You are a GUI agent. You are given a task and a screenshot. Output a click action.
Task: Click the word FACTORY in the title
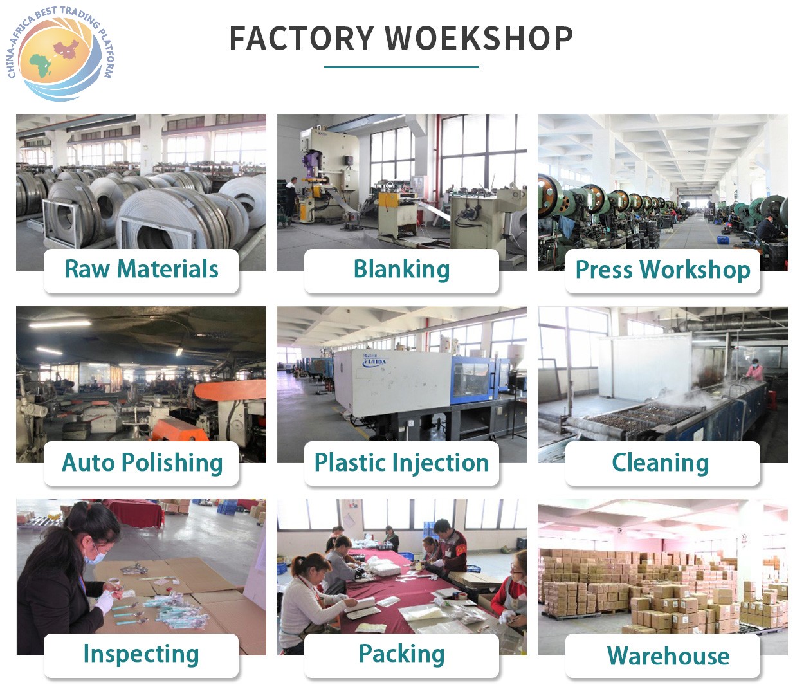point(302,38)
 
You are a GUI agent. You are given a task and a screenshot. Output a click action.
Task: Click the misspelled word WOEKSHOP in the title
point(479,38)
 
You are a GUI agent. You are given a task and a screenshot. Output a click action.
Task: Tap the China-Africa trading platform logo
point(61,53)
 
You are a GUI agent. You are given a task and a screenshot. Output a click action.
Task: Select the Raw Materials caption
point(142,269)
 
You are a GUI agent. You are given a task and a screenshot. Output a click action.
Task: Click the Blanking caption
point(401,270)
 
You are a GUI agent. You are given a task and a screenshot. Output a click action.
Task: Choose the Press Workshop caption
point(662,270)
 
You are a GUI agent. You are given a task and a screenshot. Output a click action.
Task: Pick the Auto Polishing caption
point(142,463)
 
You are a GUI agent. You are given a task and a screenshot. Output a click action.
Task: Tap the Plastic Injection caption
point(401,463)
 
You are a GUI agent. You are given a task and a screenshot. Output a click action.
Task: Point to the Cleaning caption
point(661,463)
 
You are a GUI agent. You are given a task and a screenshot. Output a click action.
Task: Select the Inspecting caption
point(142,654)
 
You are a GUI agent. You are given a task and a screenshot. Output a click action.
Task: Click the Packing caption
point(401,654)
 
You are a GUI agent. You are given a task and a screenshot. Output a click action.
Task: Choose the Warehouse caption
point(668,656)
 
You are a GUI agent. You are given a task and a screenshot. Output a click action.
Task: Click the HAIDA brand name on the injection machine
point(374,362)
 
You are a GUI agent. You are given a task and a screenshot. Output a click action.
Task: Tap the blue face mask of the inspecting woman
point(95,556)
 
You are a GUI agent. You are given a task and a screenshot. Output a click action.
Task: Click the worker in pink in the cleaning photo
point(756,371)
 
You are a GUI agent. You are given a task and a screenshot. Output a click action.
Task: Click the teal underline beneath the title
point(401,67)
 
